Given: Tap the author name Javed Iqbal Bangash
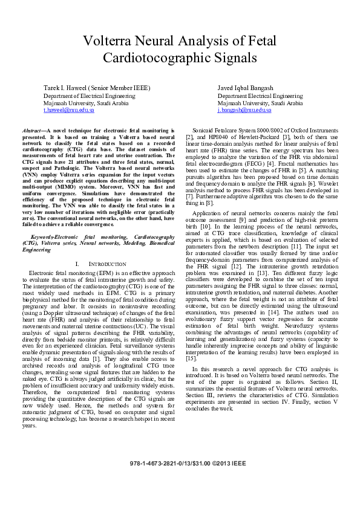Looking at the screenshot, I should [245, 88].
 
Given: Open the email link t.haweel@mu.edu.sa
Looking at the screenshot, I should [69, 111].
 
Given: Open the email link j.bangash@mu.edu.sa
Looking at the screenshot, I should [244, 111].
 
